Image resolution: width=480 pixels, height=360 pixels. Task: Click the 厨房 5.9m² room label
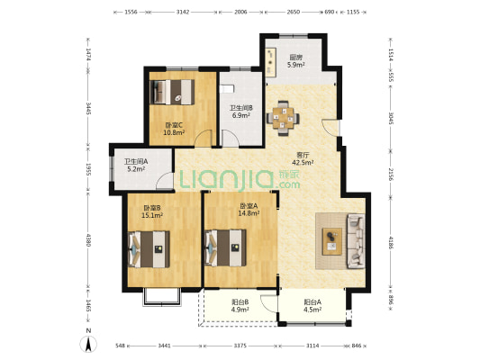point(296,61)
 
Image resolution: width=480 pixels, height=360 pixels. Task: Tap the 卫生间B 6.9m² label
point(241,112)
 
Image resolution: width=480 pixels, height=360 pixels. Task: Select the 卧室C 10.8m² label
point(174,129)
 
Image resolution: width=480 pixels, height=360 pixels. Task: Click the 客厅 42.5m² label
point(303,158)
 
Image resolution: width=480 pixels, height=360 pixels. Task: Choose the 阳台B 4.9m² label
point(240,306)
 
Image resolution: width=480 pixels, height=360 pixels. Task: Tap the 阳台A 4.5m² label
point(312,306)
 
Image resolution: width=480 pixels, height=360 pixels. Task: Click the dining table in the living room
point(283,118)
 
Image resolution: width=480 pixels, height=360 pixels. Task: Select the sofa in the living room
point(356,241)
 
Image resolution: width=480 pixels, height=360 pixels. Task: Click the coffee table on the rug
point(332,241)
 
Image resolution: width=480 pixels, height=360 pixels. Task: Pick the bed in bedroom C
point(172,92)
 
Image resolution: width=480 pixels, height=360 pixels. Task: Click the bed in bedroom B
point(149,249)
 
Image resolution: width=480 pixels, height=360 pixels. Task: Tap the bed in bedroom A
point(226,247)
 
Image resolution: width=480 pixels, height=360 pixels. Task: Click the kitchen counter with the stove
point(270,62)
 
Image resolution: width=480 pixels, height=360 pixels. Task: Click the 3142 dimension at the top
point(183,12)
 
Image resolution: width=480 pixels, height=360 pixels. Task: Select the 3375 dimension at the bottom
point(240,346)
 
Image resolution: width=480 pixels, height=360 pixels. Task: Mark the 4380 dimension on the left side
point(88,240)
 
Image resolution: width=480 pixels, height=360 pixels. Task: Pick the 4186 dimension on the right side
point(391,243)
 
